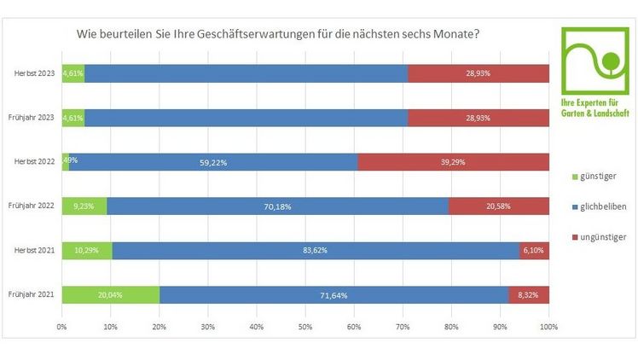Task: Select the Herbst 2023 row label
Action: click(34, 74)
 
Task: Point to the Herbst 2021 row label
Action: click(34, 251)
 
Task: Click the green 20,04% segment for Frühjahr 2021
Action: click(110, 295)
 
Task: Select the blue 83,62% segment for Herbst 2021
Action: click(316, 251)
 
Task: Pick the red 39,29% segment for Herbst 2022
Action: click(453, 162)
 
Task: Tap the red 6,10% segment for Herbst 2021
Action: click(534, 251)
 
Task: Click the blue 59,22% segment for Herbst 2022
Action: click(213, 162)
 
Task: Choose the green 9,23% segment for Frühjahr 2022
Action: click(84, 206)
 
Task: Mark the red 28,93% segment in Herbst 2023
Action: click(478, 74)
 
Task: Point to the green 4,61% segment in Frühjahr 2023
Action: click(73, 118)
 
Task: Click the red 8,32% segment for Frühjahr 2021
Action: click(529, 295)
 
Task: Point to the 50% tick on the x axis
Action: click(305, 327)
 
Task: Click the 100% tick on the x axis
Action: click(548, 327)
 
